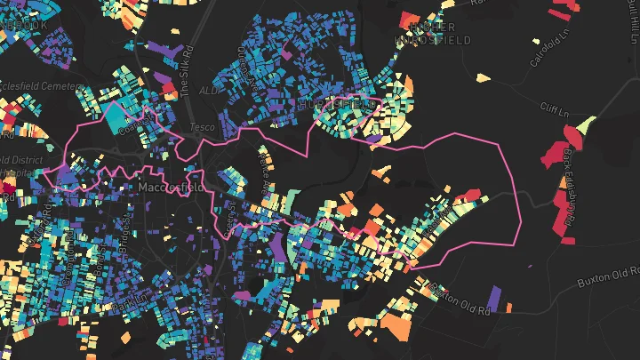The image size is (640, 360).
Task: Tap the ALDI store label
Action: coord(209,91)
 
